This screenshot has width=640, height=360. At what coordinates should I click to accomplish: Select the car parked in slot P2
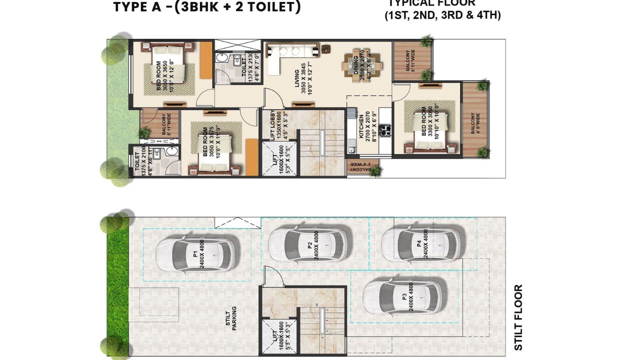[x=307, y=244]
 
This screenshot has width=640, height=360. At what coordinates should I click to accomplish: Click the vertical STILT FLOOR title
[x=518, y=317]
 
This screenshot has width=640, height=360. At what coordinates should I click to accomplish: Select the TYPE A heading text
[x=207, y=7]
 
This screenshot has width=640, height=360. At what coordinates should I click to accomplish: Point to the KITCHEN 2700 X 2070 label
[x=363, y=129]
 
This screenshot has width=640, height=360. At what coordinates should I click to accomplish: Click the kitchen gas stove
[x=385, y=131]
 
